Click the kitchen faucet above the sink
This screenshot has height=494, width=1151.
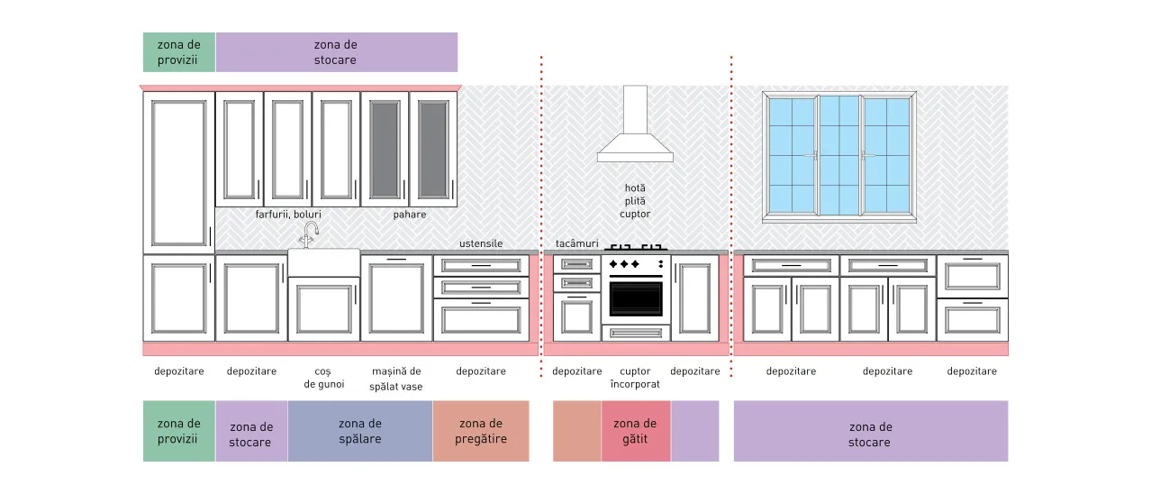click(309, 234)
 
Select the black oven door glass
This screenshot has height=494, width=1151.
click(636, 298)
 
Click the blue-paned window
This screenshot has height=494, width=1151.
click(839, 156)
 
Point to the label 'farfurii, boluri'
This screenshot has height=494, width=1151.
click(288, 215)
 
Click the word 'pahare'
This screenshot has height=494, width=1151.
click(410, 215)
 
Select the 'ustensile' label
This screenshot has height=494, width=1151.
click(481, 243)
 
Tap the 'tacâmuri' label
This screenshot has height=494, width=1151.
click(577, 243)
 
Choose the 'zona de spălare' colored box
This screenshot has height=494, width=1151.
click(360, 431)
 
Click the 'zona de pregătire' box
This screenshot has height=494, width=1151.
click(481, 431)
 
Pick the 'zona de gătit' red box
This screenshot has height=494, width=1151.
click(636, 431)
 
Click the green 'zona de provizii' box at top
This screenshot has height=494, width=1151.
click(179, 52)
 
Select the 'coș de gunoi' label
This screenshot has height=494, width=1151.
click(323, 378)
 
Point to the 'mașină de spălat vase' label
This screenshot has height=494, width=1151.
click(396, 379)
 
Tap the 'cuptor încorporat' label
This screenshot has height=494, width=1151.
click(635, 378)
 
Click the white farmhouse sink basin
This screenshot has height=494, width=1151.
click(323, 262)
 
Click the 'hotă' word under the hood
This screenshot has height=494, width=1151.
click(635, 188)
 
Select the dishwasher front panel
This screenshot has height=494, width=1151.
click(396, 297)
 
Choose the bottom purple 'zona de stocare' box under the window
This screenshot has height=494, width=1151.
click(871, 431)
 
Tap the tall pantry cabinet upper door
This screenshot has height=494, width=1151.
click(179, 173)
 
